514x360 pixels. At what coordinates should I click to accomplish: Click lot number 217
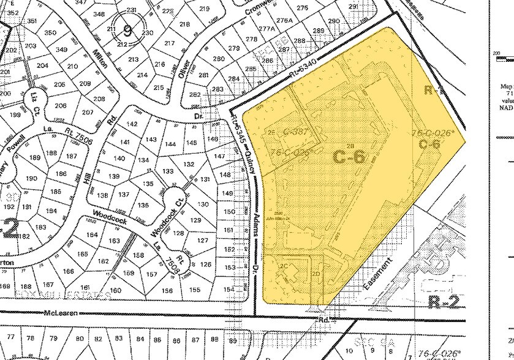(170, 43)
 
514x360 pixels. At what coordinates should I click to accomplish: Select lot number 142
(131, 124)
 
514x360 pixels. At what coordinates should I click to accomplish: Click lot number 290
(334, 21)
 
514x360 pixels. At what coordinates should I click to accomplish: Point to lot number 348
(98, 14)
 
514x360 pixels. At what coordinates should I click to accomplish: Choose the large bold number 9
(127, 29)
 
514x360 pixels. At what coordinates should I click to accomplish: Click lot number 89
(232, 340)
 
